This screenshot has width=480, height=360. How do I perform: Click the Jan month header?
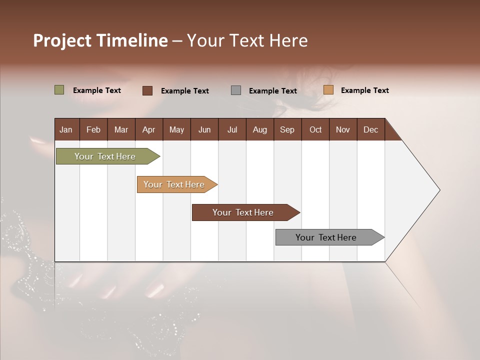click(66, 129)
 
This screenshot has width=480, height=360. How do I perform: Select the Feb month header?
click(93, 129)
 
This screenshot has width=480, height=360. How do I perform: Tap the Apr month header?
click(148, 129)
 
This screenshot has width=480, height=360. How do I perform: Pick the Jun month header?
click(204, 129)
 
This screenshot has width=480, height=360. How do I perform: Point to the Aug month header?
click(259, 129)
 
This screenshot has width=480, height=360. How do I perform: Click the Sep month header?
click(287, 129)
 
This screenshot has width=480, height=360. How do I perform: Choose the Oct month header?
click(315, 129)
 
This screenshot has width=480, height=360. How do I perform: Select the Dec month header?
click(370, 129)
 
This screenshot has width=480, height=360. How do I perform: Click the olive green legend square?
click(59, 90)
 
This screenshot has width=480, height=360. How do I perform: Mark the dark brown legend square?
click(147, 90)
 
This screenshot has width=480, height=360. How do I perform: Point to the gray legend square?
click(236, 90)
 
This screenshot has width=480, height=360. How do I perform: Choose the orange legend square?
click(328, 90)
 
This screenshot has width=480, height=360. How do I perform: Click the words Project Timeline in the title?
click(100, 40)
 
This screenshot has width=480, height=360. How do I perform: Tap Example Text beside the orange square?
click(364, 90)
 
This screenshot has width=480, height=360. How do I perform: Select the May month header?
click(176, 129)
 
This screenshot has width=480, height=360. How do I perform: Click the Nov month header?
click(343, 129)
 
